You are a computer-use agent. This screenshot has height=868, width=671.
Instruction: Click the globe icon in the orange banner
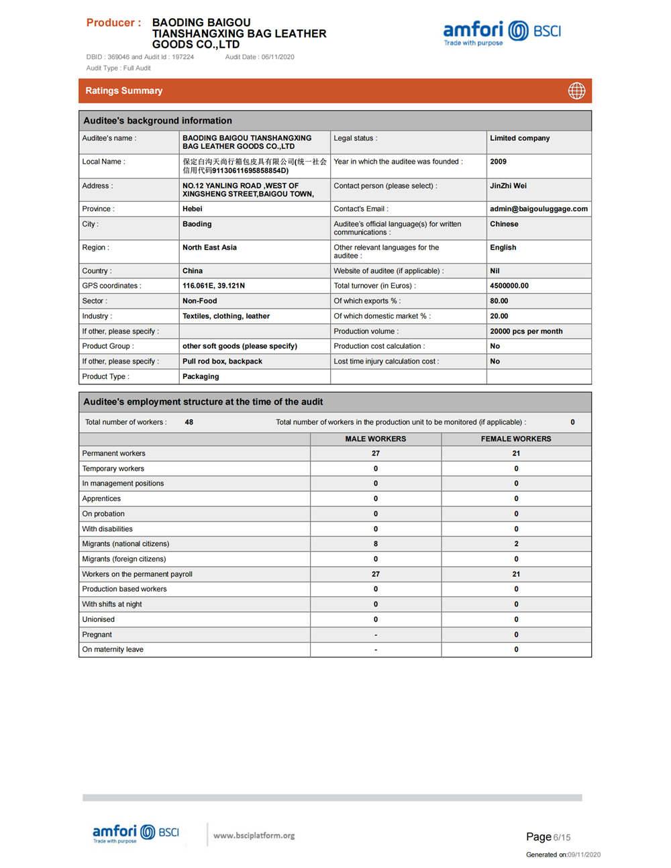click(x=576, y=91)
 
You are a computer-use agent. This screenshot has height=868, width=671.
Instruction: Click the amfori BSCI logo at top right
click(x=501, y=32)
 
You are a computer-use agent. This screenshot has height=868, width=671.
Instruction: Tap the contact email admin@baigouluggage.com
click(x=538, y=209)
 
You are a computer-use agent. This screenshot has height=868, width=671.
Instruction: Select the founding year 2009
click(x=498, y=162)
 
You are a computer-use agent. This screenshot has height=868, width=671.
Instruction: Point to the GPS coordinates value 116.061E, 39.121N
click(x=213, y=286)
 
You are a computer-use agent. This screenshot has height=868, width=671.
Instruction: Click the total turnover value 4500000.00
click(x=509, y=286)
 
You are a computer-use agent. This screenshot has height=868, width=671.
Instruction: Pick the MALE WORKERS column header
click(x=375, y=439)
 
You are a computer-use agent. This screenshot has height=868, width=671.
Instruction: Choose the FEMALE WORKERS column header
click(x=515, y=439)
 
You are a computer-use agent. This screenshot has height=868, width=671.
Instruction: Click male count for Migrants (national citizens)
click(x=375, y=544)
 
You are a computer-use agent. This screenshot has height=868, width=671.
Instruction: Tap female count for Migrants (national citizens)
click(x=515, y=544)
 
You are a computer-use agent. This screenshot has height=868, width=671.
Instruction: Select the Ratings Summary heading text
click(x=124, y=91)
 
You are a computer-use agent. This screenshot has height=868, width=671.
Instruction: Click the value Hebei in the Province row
click(x=193, y=209)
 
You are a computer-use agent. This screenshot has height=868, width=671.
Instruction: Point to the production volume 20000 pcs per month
click(x=526, y=331)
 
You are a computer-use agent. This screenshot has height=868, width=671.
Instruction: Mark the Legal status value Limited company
click(x=519, y=138)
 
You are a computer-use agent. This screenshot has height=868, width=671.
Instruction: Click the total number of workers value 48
click(x=189, y=422)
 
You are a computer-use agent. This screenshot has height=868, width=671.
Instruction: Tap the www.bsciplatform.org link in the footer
click(x=254, y=835)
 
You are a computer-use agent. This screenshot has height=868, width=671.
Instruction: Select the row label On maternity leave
click(x=113, y=649)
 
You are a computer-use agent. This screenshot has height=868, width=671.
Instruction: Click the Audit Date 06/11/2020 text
click(x=260, y=57)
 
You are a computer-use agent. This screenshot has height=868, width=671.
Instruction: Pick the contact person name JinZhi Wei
click(x=508, y=186)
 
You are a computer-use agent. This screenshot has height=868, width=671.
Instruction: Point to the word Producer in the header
click(x=110, y=23)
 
